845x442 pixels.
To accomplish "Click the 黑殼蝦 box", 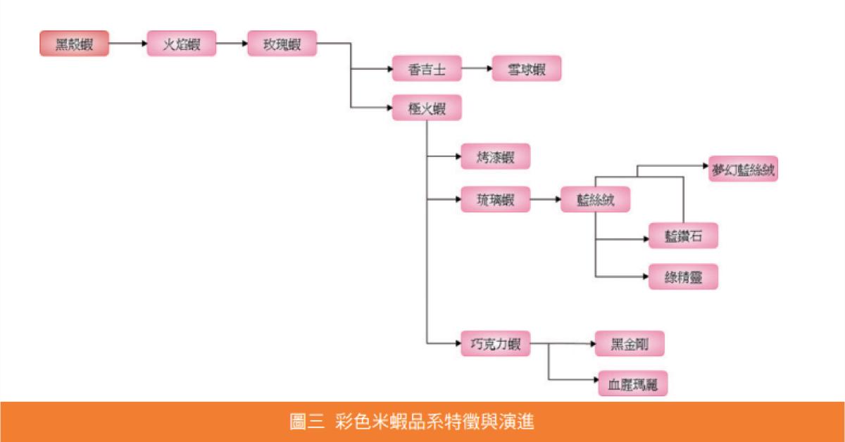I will tap(74, 44).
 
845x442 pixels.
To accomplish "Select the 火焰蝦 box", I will tap(182, 44).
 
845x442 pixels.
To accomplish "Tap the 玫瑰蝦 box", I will tap(282, 44).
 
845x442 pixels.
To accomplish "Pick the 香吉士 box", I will tap(427, 69).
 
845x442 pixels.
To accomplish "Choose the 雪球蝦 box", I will tap(527, 69).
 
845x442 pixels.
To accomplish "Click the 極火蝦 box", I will tap(427, 108).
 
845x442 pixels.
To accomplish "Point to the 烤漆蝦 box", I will tap(494, 156).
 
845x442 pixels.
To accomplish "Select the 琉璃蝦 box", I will tap(494, 200).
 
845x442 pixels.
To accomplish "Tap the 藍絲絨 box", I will tap(595, 200).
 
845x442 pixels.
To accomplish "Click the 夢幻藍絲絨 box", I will tap(743, 169).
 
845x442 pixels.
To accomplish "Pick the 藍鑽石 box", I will tap(683, 235).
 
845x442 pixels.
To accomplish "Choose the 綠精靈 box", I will tap(683, 276).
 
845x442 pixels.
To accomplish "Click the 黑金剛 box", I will tap(630, 343).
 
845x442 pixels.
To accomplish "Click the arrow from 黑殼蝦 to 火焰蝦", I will tap(127, 44).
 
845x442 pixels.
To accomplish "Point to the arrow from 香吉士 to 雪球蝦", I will tap(477, 69).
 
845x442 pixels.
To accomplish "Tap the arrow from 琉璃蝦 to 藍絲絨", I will tap(544, 200).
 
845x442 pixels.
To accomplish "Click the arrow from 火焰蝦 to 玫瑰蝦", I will tap(232, 44).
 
